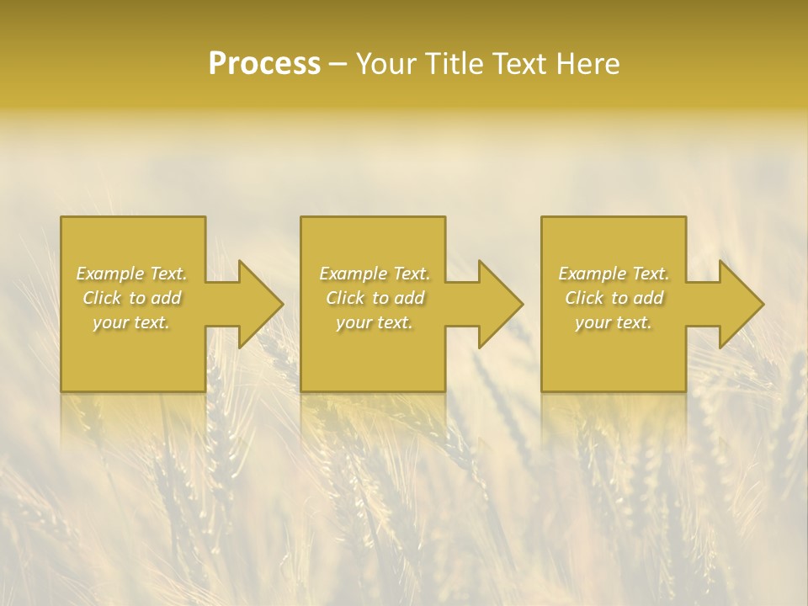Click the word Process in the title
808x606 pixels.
264,64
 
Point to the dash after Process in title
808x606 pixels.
338,65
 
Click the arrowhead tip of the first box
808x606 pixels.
282,304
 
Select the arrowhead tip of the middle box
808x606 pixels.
522,304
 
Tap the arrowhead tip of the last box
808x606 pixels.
763,304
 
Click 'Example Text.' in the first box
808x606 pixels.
132,274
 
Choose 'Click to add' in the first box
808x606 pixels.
132,298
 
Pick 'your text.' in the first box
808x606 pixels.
132,322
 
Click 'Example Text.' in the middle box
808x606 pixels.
375,274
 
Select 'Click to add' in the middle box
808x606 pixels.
375,298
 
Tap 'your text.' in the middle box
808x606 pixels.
375,322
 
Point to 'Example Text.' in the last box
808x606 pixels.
614,274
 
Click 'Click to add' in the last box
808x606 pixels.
614,298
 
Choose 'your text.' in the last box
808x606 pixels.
614,322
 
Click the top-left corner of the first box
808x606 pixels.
61,217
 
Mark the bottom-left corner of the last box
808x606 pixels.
542,391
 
